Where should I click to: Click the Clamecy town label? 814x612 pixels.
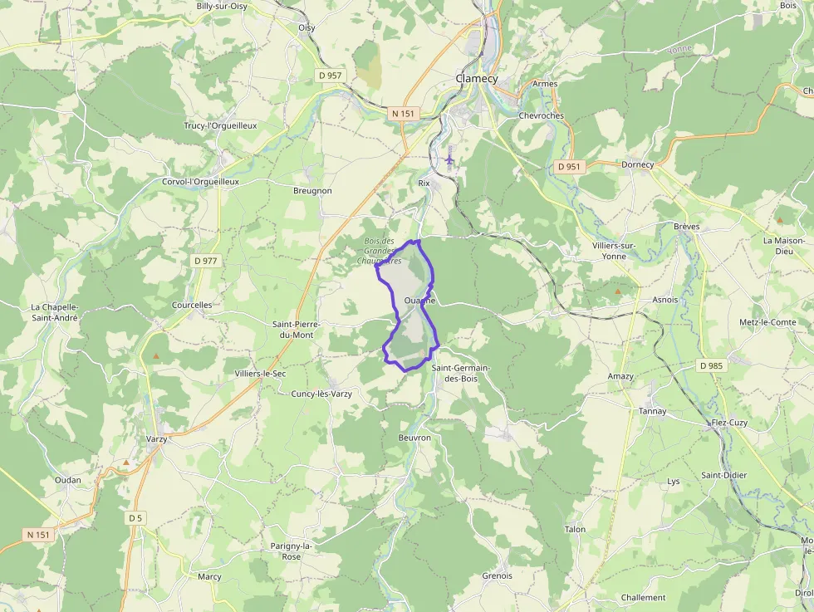tap(476, 79)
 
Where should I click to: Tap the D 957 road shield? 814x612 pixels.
tap(330, 76)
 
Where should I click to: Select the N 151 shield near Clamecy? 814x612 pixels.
tap(403, 113)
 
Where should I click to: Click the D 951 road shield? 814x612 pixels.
tap(569, 166)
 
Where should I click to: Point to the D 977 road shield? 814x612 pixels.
tap(205, 261)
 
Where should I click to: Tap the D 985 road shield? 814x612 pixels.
tap(712, 365)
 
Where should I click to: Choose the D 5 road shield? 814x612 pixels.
tap(136, 518)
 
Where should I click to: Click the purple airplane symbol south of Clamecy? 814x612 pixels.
tap(449, 157)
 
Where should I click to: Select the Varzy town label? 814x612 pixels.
tap(157, 438)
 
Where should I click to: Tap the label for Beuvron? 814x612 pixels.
tap(414, 438)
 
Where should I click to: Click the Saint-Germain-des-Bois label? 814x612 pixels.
tap(461, 373)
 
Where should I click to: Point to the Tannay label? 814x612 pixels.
tap(652, 411)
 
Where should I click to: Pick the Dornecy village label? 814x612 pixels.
tap(638, 164)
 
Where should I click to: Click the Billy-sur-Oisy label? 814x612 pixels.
tap(222, 6)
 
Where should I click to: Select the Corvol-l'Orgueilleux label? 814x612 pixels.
tap(200, 181)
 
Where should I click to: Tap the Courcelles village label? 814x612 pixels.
tap(192, 305)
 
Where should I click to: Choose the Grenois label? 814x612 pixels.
tap(497, 575)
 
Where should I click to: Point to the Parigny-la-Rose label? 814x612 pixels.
tap(292, 551)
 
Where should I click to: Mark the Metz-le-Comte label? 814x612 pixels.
tap(767, 322)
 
